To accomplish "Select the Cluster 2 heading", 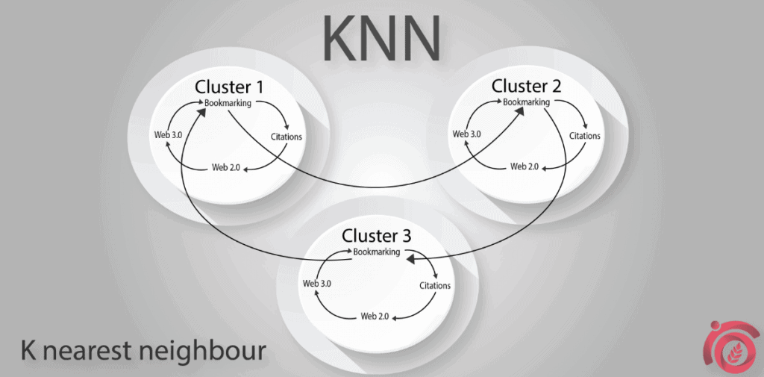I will click(x=526, y=86).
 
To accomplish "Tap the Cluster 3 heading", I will click(x=376, y=236).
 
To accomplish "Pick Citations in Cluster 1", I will click(x=287, y=137).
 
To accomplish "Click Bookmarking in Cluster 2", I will click(x=526, y=102).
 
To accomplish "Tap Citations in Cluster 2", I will click(x=585, y=136).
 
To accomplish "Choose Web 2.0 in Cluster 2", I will click(x=524, y=166).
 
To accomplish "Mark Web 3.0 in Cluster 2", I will click(x=466, y=134).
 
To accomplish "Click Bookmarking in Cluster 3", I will click(x=376, y=252).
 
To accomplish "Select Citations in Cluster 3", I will click(x=435, y=286).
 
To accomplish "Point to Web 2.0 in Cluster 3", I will click(x=375, y=316).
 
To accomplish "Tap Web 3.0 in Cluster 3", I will click(x=317, y=284).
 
